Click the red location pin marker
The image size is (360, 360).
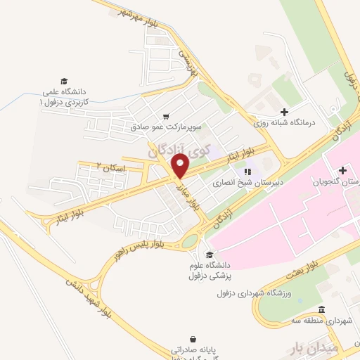click(181, 167)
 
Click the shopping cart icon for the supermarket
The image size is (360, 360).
click(165, 117)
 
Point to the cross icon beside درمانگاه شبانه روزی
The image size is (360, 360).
click(284, 111)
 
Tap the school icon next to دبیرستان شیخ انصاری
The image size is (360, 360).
click(247, 171)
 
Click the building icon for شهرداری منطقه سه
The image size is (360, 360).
click(321, 310)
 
